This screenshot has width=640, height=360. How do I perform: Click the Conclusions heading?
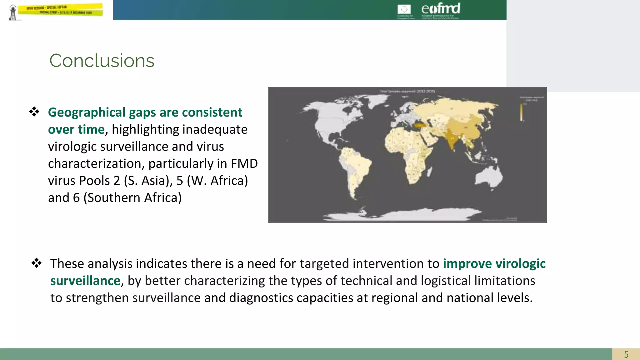click(102, 61)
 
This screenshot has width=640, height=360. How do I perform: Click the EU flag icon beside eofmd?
click(404, 9)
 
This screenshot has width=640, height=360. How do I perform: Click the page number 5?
click(626, 354)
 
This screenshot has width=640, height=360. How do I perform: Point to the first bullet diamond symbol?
click(34, 112)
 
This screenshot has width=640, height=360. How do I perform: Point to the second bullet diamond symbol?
click(37, 263)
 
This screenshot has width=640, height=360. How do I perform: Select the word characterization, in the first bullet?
click(96, 164)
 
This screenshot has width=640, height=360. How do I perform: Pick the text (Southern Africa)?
click(132, 198)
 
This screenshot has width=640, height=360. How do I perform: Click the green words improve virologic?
click(494, 264)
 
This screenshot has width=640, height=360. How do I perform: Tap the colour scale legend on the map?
click(521, 112)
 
